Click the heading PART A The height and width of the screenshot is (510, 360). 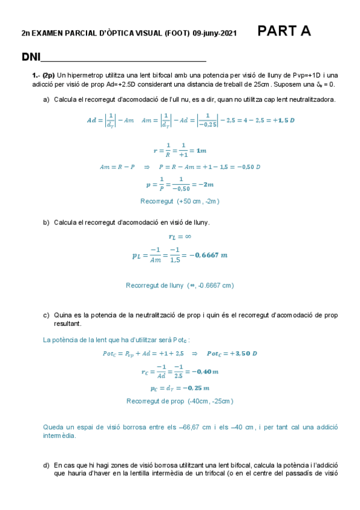click(284, 32)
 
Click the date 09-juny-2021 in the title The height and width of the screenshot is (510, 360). click(215, 34)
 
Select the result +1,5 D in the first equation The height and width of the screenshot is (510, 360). click(284, 120)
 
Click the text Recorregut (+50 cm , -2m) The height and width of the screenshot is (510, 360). click(180, 201)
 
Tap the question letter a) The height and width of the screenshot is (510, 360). click(46, 99)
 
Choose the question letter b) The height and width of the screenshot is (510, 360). click(46, 223)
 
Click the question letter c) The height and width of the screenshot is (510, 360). click(46, 315)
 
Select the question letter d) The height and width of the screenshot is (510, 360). click(46, 465)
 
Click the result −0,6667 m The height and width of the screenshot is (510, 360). click(208, 255)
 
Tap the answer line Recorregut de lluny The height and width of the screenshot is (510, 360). click(180, 285)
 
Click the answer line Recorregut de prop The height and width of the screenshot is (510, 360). click(180, 401)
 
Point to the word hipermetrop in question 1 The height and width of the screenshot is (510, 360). click(86, 75)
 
